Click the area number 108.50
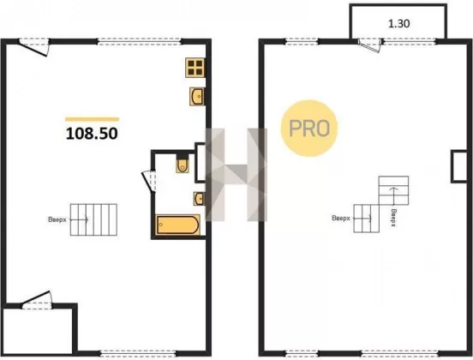(x=92, y=134)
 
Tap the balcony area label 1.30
(x=398, y=23)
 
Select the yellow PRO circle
(x=309, y=129)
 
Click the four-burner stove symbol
(x=195, y=68)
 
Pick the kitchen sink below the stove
(x=197, y=97)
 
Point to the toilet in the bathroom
(x=183, y=164)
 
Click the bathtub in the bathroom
(x=177, y=225)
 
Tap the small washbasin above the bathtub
(x=200, y=199)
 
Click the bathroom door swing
(x=148, y=181)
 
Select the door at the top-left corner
(x=33, y=47)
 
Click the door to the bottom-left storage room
(x=37, y=300)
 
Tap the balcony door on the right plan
(x=369, y=45)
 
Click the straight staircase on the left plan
(x=93, y=219)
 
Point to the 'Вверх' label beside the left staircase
(x=57, y=219)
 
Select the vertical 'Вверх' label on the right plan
(x=393, y=217)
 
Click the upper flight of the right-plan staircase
(x=393, y=190)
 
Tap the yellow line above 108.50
(x=92, y=119)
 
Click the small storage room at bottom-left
(x=38, y=330)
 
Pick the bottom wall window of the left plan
(x=138, y=353)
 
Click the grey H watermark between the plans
(x=236, y=174)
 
